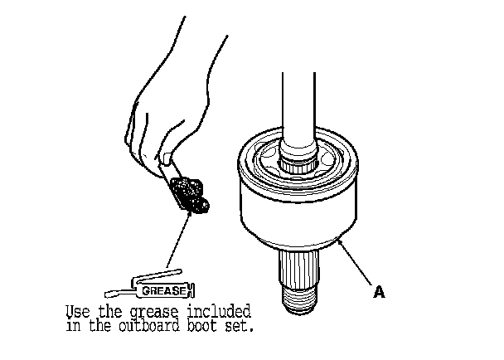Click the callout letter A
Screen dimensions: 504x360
[379, 292]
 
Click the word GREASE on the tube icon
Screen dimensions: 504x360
[164, 291]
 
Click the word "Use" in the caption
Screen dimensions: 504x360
[78, 312]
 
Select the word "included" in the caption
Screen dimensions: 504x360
[219, 311]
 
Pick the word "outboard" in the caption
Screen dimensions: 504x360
[149, 326]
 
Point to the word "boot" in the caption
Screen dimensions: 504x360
[202, 326]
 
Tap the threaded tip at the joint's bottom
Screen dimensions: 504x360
[299, 299]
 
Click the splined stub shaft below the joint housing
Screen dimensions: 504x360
[298, 268]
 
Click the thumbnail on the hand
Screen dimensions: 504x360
[166, 158]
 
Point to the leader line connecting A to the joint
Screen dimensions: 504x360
[356, 261]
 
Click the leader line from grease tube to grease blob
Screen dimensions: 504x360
[179, 240]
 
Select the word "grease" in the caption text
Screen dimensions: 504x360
[153, 313]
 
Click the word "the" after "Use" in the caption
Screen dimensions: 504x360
[110, 311]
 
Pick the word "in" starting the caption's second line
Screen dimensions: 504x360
[73, 326]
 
